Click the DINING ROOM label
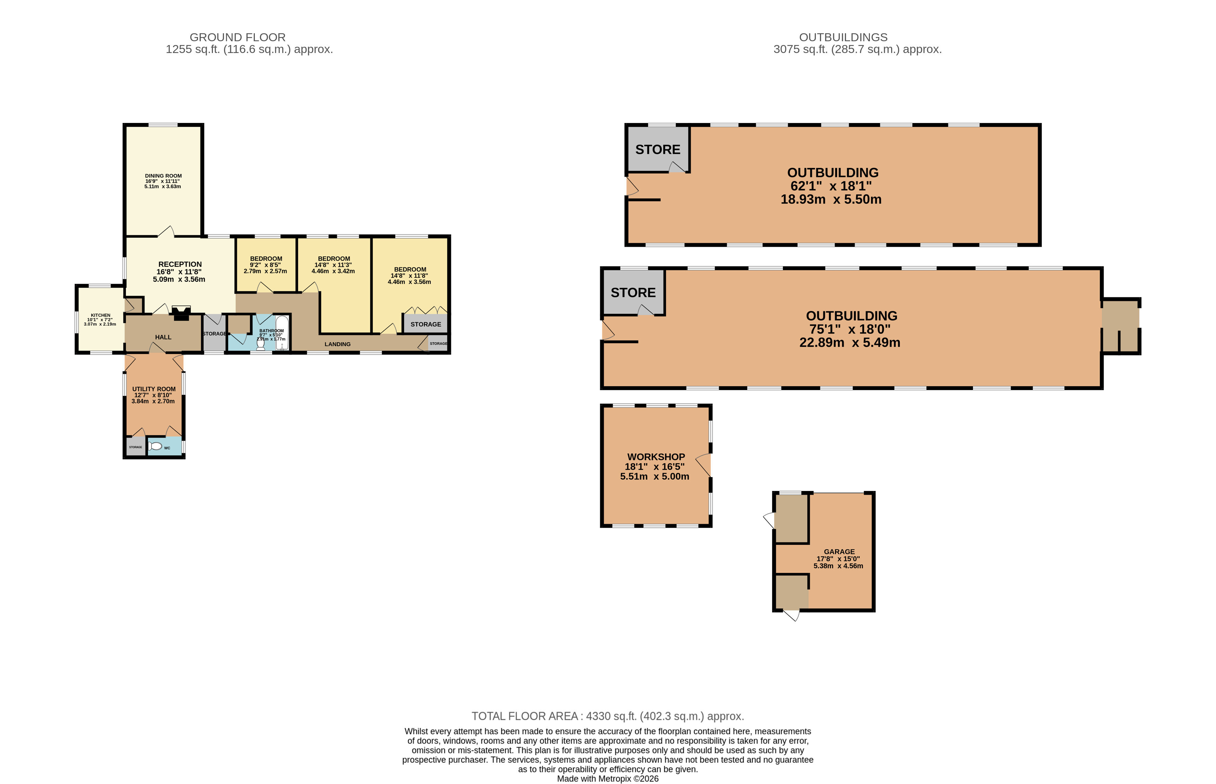[x=163, y=176]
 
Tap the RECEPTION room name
[x=180, y=264]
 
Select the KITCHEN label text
[x=100, y=315]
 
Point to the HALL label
[x=163, y=337]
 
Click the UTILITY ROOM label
[x=154, y=389]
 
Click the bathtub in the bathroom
[x=282, y=333]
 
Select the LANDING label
[x=337, y=344]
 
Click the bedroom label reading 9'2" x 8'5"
[x=265, y=265]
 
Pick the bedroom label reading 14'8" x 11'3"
[x=334, y=265]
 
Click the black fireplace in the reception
[x=181, y=313]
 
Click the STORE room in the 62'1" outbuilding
[x=658, y=149]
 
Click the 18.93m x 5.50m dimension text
[x=831, y=200]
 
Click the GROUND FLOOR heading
[x=238, y=37]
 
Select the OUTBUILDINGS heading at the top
[x=843, y=37]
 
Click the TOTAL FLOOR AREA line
[x=608, y=716]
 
